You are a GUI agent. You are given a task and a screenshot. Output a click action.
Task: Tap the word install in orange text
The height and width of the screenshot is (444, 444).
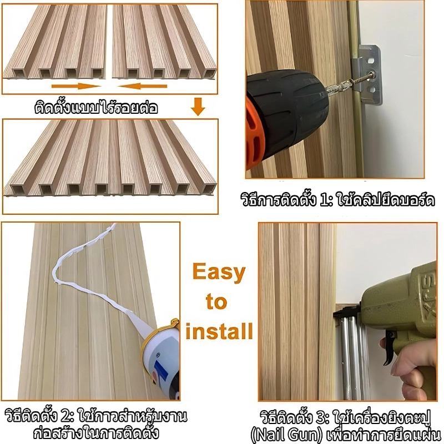[219, 331]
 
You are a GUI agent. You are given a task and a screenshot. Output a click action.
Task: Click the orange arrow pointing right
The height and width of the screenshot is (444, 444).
[77, 86]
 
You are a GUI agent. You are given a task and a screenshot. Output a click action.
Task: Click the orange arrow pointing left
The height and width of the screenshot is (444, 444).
[142, 86]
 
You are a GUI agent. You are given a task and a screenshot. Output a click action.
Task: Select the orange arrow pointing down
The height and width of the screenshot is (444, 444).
[198, 107]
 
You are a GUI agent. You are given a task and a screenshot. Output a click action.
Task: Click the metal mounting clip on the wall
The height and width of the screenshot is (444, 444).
[367, 74]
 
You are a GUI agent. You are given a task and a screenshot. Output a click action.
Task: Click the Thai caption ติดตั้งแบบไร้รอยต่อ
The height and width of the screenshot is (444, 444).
[96, 108]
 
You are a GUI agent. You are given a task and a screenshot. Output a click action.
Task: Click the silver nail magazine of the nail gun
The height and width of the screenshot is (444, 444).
[352, 357]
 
